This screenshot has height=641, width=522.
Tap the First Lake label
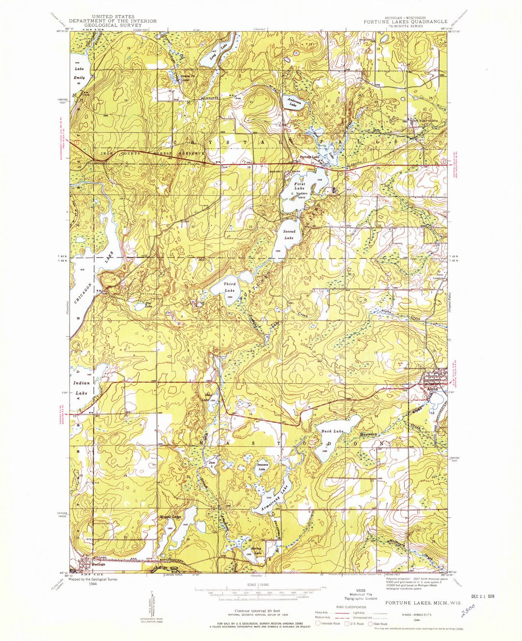[300, 186]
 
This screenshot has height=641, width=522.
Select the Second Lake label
[289, 235]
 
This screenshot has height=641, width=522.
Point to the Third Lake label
[230, 288]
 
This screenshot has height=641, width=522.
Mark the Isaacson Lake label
[261, 467]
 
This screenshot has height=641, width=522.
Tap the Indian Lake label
[81, 388]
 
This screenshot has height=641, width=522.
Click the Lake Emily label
[79, 73]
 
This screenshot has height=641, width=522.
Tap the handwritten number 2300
[468, 615]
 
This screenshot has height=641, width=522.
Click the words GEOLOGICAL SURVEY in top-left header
[113, 25]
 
